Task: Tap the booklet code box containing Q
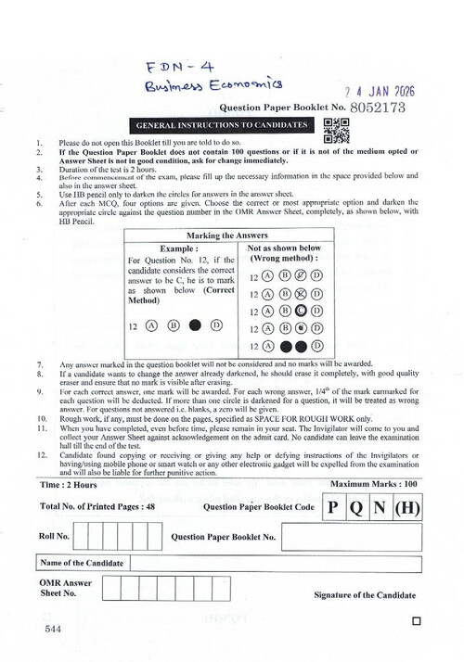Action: tap(356, 508)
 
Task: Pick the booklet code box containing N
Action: tap(381, 508)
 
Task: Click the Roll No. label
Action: tap(55, 535)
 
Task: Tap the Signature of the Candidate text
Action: tap(363, 593)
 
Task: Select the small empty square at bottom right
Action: tap(414, 622)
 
